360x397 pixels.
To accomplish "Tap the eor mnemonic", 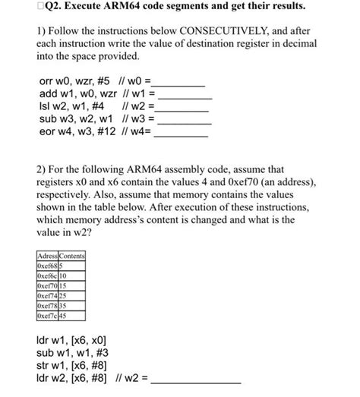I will pos(47,131).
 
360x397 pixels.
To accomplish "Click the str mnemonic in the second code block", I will pos(44,364).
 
